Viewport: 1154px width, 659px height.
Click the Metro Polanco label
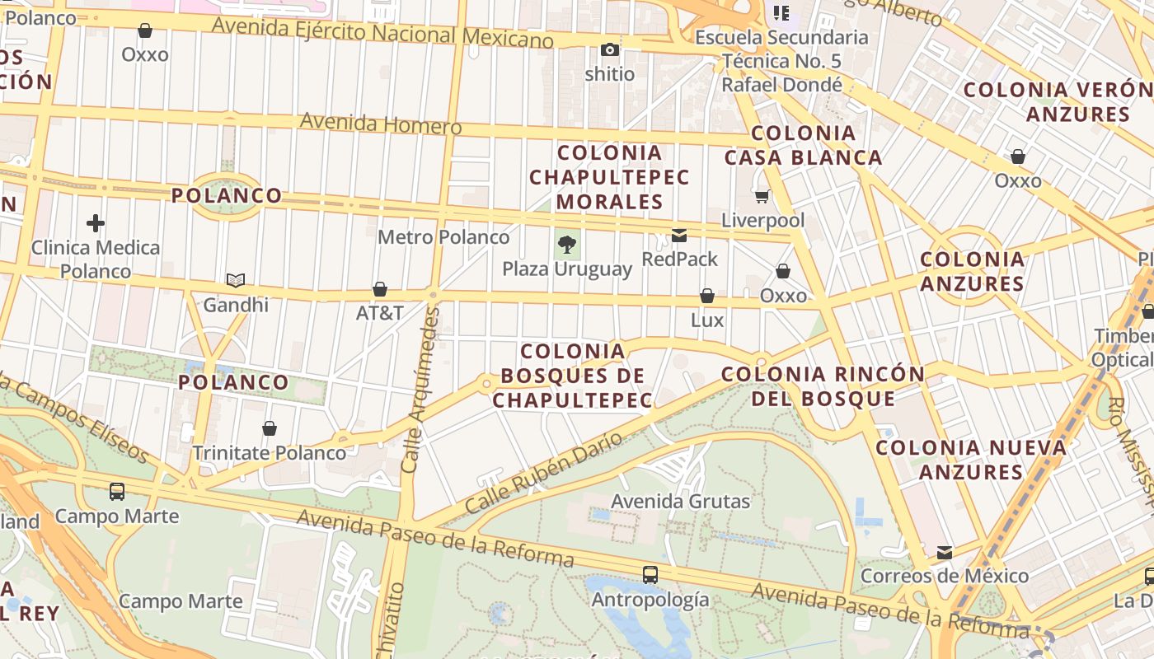pyautogui.click(x=443, y=237)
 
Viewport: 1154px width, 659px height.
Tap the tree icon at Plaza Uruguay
pyautogui.click(x=566, y=244)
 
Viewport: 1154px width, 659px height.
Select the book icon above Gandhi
pyautogui.click(x=236, y=281)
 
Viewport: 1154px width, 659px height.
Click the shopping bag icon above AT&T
pyautogui.click(x=380, y=289)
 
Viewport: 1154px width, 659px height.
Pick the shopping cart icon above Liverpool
pyautogui.click(x=762, y=196)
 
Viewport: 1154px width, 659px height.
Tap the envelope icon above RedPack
pyautogui.click(x=679, y=236)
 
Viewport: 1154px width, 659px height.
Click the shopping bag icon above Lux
pyautogui.click(x=707, y=296)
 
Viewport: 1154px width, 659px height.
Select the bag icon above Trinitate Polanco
pyautogui.click(x=270, y=428)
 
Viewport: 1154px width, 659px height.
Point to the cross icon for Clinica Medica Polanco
pyautogui.click(x=96, y=223)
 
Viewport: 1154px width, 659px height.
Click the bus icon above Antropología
pyautogui.click(x=650, y=574)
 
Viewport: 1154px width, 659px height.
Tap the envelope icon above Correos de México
pyautogui.click(x=945, y=552)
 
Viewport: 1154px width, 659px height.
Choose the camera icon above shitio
pyautogui.click(x=610, y=50)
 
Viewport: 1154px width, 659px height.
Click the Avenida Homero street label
pyautogui.click(x=380, y=124)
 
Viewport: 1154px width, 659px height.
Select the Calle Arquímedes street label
pyautogui.click(x=420, y=390)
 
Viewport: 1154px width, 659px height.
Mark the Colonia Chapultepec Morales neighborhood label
pyautogui.click(x=609, y=176)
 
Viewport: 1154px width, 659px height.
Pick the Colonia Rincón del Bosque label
pyautogui.click(x=823, y=386)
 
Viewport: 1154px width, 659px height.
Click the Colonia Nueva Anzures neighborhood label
pyautogui.click(x=971, y=460)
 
